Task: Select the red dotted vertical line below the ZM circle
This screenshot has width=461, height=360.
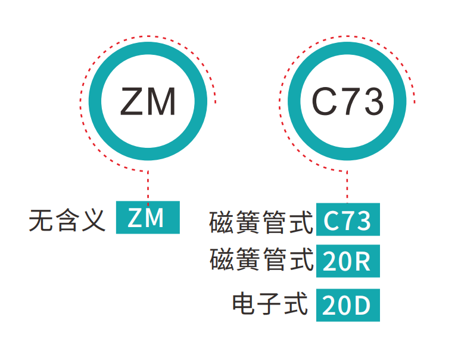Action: point(148,185)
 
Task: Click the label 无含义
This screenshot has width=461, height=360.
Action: point(67,219)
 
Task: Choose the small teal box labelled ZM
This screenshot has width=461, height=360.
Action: point(148,218)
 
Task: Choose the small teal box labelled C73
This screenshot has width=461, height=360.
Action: point(348,221)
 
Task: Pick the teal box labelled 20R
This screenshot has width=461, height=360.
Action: point(348,262)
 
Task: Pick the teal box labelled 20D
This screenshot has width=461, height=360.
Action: point(348,306)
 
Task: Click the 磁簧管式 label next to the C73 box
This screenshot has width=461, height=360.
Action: point(261,222)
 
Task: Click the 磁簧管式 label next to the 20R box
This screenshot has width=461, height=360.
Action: point(261,260)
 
